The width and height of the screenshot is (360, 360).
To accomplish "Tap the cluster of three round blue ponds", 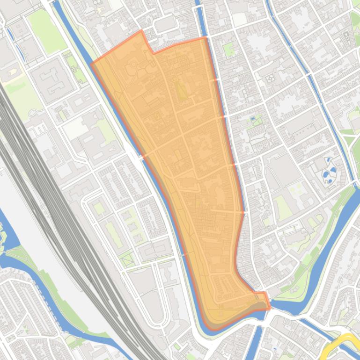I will click(x=330, y=170).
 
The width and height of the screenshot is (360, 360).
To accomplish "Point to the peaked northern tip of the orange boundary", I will click(x=141, y=31).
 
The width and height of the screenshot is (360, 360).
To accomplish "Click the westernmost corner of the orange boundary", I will click(x=91, y=64).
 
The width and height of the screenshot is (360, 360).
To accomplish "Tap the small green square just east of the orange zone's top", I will click(x=229, y=49).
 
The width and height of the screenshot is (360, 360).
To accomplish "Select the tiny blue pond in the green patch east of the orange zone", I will click(x=253, y=119).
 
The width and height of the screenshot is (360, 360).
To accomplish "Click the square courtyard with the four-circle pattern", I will click(x=271, y=79).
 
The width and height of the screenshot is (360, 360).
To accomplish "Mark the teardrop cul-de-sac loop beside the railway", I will click(x=33, y=112).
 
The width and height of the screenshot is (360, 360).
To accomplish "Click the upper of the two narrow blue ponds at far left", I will click(x=10, y=33).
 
